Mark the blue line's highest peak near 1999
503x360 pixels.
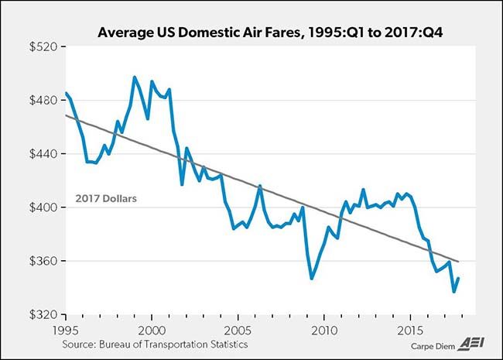(135, 77)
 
